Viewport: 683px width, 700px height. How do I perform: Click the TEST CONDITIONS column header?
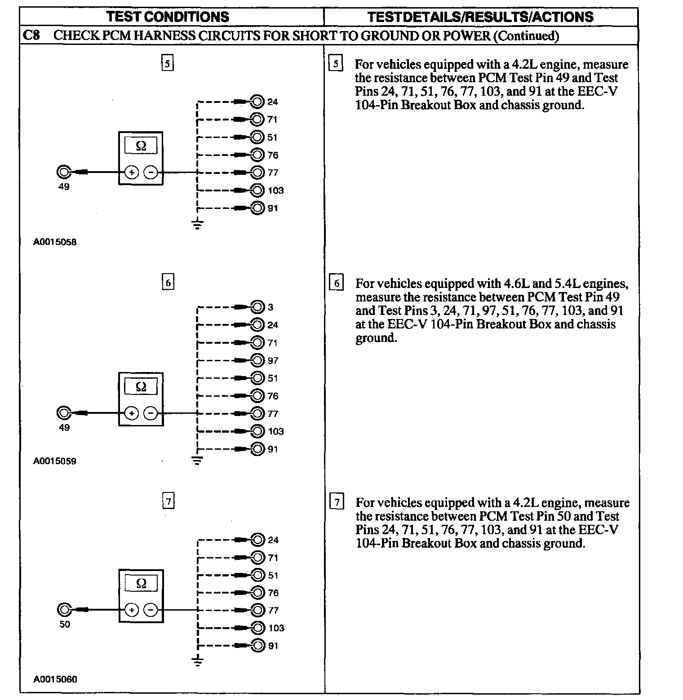tap(168, 17)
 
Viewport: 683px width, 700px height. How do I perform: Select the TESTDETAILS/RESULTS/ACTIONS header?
tap(480, 17)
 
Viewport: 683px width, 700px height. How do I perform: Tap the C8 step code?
tap(31, 35)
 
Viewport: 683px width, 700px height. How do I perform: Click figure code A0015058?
tap(55, 242)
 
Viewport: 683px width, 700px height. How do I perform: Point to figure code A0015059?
tap(55, 461)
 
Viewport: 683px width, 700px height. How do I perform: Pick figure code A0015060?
tap(55, 679)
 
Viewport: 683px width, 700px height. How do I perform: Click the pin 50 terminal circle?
tap(64, 610)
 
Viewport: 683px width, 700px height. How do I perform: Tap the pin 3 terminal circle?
tap(257, 307)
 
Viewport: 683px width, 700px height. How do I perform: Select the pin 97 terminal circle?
tap(257, 360)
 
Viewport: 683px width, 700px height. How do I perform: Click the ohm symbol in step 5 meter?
tap(141, 146)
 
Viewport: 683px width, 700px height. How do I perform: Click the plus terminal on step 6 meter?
tap(131, 413)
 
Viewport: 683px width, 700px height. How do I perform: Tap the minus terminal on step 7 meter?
tap(151, 610)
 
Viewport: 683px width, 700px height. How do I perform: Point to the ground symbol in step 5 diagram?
tap(197, 225)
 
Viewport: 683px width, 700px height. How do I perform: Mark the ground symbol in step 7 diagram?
tap(197, 662)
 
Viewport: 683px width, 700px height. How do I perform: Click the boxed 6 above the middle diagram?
tap(168, 282)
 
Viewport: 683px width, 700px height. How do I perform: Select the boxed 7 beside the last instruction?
tap(337, 501)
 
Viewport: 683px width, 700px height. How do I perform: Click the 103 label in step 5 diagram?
tap(275, 191)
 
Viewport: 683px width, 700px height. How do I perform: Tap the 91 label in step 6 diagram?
tap(273, 449)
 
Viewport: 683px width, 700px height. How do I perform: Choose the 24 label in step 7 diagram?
tap(273, 540)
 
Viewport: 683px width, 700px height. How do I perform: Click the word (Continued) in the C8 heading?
tap(526, 35)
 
